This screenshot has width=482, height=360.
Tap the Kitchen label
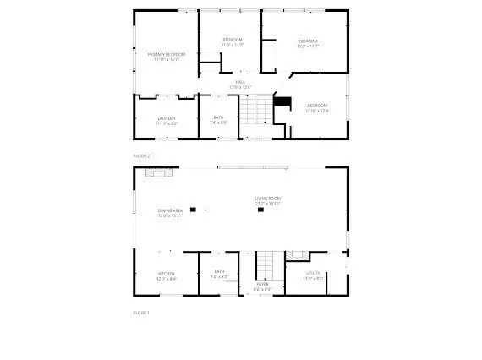pyautogui.click(x=166, y=274)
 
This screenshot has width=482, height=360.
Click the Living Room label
pyautogui.click(x=268, y=199)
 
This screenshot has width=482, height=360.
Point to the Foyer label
pyautogui.click(x=262, y=285)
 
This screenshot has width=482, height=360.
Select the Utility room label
pyautogui.click(x=313, y=274)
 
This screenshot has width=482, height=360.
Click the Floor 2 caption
pyautogui.click(x=141, y=156)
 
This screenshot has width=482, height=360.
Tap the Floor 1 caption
pyautogui.click(x=141, y=313)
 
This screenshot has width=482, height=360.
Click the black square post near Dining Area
pyautogui.click(x=193, y=209)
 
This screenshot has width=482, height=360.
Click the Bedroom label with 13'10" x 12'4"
pyautogui.click(x=317, y=106)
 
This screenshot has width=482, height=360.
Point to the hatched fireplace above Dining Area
pyautogui.click(x=158, y=173)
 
